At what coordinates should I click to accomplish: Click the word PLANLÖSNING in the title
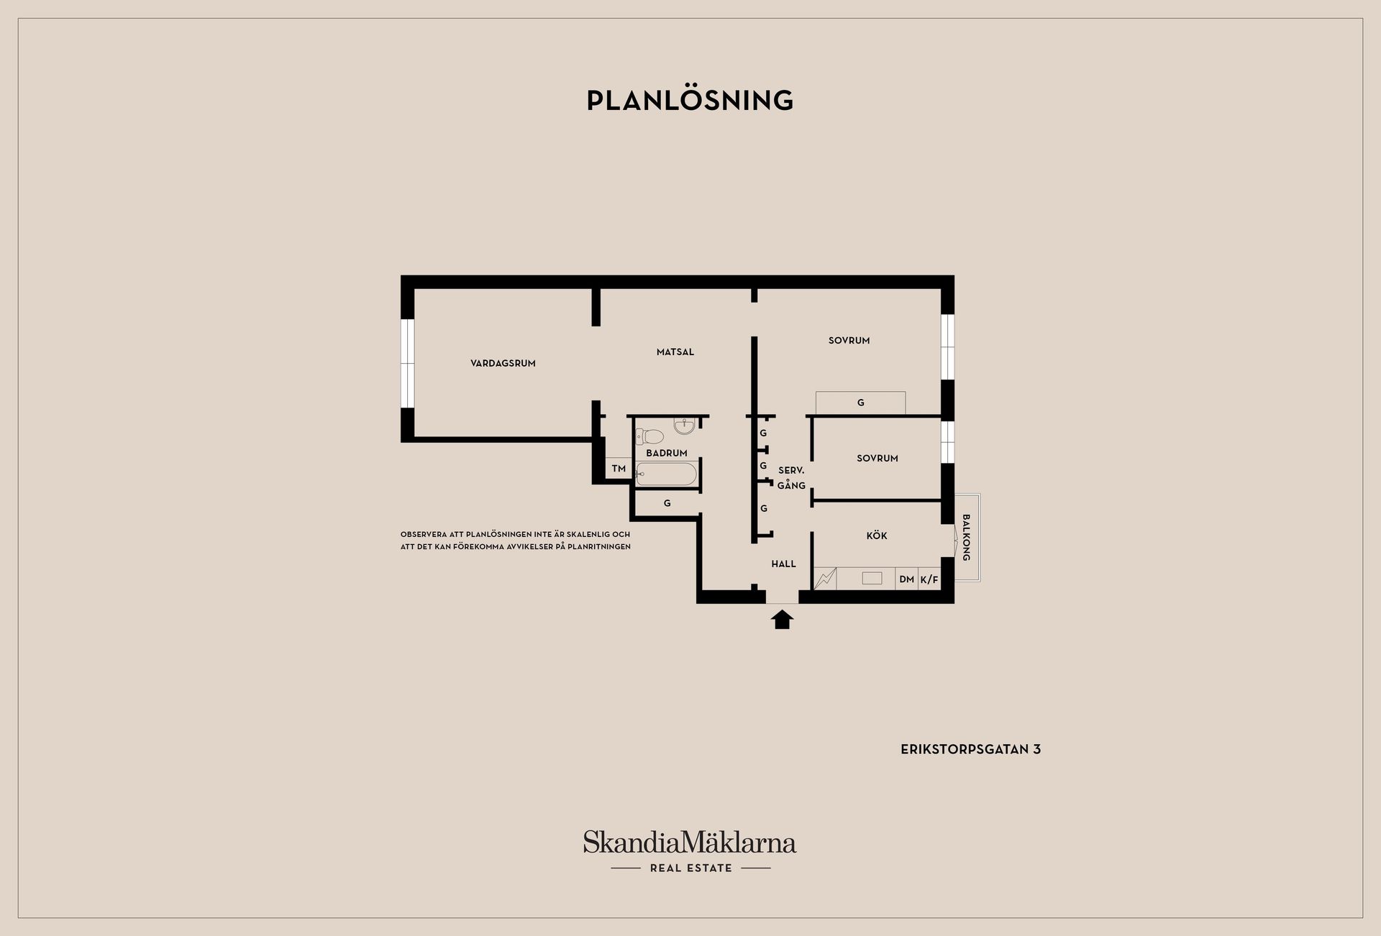point(690,100)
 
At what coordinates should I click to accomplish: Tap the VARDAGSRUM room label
point(503,364)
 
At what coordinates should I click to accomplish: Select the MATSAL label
point(675,352)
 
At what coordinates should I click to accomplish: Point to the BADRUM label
point(666,453)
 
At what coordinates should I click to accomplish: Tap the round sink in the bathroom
point(684,426)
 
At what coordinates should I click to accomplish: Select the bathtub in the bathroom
point(666,474)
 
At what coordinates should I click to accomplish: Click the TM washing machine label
point(619,469)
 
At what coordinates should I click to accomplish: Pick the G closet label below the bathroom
point(667,503)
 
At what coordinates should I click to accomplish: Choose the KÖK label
point(877,536)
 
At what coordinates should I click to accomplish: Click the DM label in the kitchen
point(906,579)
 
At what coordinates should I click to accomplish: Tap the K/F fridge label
point(929,579)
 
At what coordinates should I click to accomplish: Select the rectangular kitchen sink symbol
point(872,578)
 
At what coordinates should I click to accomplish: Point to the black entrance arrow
point(782,620)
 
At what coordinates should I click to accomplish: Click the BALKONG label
point(966,538)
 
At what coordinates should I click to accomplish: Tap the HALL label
point(783,564)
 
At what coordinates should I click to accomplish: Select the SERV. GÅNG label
point(791,478)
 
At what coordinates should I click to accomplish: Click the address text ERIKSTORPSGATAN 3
point(970,749)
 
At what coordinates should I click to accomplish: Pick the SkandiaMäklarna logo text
point(690,842)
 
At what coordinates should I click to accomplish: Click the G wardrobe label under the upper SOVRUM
point(861,403)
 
